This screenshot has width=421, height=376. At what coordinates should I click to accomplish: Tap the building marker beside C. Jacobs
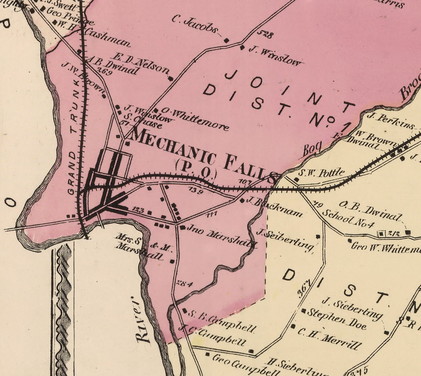tap(227, 41)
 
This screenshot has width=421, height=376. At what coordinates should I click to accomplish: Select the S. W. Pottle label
tap(321, 173)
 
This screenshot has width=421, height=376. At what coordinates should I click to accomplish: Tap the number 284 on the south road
tap(184, 284)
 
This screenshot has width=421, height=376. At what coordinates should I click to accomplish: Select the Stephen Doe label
tap(337, 319)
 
